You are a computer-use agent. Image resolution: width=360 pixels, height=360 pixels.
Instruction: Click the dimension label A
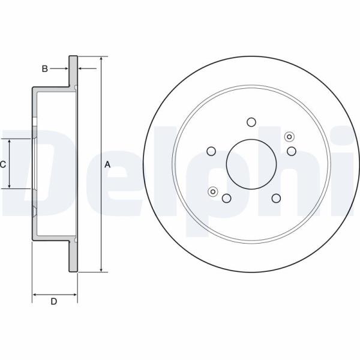pyautogui.click(x=107, y=164)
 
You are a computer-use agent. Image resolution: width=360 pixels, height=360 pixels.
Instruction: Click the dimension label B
pyautogui.click(x=45, y=68)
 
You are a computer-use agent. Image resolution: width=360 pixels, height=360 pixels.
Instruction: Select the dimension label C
pyautogui.click(x=3, y=164)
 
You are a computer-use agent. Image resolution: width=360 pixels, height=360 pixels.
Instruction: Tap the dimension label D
pyautogui.click(x=54, y=301)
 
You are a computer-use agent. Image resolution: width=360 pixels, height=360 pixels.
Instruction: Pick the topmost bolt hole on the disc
pyautogui.click(x=251, y=122)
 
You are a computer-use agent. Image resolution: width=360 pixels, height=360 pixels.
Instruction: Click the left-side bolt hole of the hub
pyautogui.click(x=211, y=151)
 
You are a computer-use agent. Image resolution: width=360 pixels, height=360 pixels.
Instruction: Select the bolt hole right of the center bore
pyautogui.click(x=292, y=151)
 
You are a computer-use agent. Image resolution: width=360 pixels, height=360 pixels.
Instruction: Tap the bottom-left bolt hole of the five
pyautogui.click(x=227, y=198)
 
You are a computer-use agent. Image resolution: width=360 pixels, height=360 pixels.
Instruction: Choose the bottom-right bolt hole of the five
pyautogui.click(x=276, y=198)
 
